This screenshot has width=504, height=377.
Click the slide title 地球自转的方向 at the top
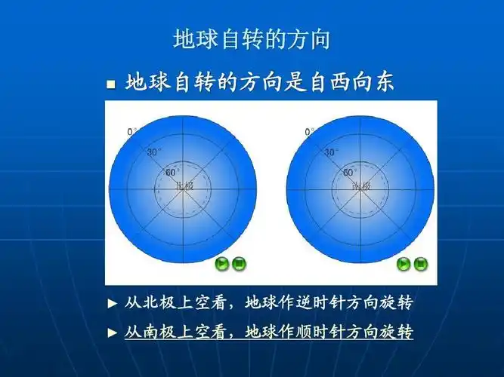coord(252,39)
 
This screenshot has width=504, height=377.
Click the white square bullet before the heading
coord(110,84)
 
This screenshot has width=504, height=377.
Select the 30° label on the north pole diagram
coord(154,152)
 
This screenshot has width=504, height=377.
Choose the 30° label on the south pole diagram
coord(332,152)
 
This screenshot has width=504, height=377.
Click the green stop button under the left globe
coord(240,263)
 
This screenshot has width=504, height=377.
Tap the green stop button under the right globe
coord(420,263)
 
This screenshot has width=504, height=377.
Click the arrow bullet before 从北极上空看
coord(113,304)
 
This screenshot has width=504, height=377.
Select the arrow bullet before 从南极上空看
coord(113,332)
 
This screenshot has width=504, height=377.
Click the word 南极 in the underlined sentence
coord(151,331)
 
